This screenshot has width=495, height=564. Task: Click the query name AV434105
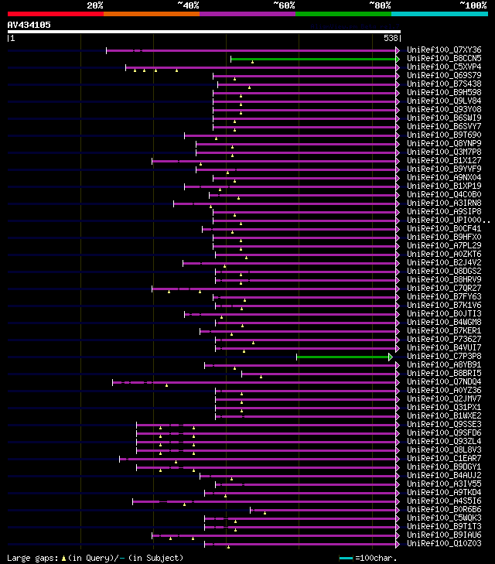(29, 25)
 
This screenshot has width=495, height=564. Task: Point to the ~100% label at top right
(473, 5)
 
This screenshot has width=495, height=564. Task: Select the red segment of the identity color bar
(55, 13)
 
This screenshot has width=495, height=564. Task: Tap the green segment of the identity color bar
(343, 13)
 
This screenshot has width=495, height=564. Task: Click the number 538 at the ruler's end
(391, 38)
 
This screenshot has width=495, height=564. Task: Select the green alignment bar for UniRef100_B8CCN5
(314, 59)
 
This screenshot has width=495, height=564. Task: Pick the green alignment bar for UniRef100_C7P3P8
(344, 357)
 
